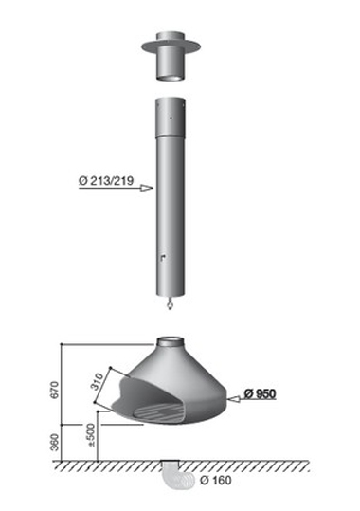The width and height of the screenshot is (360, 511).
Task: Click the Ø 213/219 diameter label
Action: pyautogui.click(x=106, y=180)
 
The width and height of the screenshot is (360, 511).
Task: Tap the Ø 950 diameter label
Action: pyautogui.click(x=260, y=393)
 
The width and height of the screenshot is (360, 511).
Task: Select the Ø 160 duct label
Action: pyautogui.click(x=216, y=480)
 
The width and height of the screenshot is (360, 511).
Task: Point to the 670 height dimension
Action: pyautogui.click(x=54, y=390)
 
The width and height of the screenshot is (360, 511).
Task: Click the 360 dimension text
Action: pyautogui.click(x=55, y=442)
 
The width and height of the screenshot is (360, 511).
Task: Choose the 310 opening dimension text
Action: pyautogui.click(x=97, y=382)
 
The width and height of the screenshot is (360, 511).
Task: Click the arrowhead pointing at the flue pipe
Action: pyautogui.click(x=147, y=188)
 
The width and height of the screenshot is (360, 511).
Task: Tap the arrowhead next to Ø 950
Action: pyautogui.click(x=234, y=398)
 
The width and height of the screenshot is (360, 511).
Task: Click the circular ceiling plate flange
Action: pyautogui.click(x=171, y=46)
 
